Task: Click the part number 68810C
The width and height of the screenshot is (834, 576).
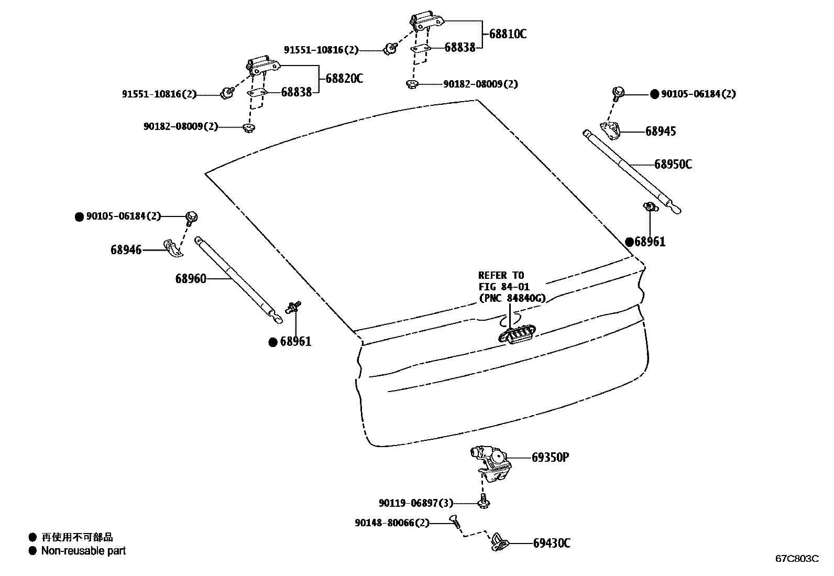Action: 508,34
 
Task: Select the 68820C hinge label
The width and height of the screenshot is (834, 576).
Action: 344,79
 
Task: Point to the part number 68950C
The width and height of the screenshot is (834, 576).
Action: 673,164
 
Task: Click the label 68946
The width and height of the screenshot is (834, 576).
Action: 126,250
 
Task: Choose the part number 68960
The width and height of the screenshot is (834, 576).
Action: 191,279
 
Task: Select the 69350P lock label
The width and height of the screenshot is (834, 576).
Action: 550,458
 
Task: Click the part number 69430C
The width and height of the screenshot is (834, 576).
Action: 552,543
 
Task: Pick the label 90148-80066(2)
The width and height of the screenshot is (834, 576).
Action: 392,523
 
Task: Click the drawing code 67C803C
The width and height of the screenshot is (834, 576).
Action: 797,559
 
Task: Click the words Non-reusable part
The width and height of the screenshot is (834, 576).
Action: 83,551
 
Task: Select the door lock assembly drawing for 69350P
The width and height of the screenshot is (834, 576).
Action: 491,463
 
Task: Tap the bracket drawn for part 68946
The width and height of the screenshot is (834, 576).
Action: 172,247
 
